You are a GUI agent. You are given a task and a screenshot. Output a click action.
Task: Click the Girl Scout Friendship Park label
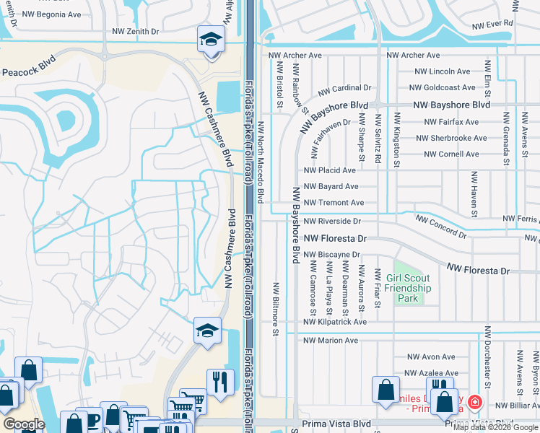(407, 288)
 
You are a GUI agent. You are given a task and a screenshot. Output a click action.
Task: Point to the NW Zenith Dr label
(135, 32)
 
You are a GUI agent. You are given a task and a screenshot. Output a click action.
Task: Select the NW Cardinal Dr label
(344, 88)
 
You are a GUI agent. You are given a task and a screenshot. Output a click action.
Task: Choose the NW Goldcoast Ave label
(442, 87)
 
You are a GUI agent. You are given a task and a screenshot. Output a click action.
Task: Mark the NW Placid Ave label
(330, 170)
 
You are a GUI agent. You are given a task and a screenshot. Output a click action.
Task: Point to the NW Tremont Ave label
(334, 203)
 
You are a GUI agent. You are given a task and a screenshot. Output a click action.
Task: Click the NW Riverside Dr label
(331, 221)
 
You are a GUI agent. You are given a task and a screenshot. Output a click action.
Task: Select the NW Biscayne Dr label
(331, 254)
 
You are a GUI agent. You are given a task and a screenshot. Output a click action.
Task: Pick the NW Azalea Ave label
(431, 373)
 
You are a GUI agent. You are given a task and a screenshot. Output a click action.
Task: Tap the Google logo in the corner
(24, 424)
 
